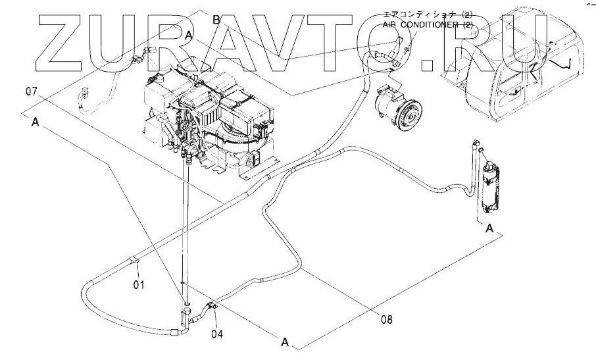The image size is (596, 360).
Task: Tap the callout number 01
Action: [139, 285]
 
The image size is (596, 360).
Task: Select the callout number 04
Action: [217, 334]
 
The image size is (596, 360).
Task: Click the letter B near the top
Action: [216, 20]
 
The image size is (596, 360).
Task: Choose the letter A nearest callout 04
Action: [285, 342]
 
